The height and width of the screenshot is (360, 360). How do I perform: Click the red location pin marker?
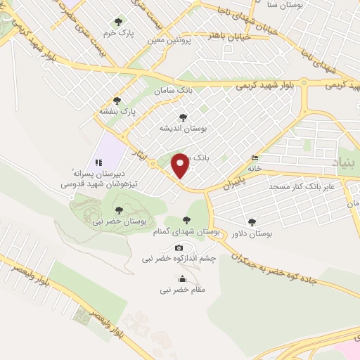click(181, 165)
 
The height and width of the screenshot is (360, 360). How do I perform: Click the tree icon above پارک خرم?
click(117, 22)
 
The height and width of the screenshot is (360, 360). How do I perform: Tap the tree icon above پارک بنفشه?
click(117, 101)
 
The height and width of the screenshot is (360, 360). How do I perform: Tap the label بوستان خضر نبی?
click(119, 221)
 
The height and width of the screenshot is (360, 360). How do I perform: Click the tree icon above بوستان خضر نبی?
click(119, 210)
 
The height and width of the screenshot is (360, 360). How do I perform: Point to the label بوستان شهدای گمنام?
click(186, 231)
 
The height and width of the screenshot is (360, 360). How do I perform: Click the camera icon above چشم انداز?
click(179, 247)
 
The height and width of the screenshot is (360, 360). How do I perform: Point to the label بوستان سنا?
click(290, 5)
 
